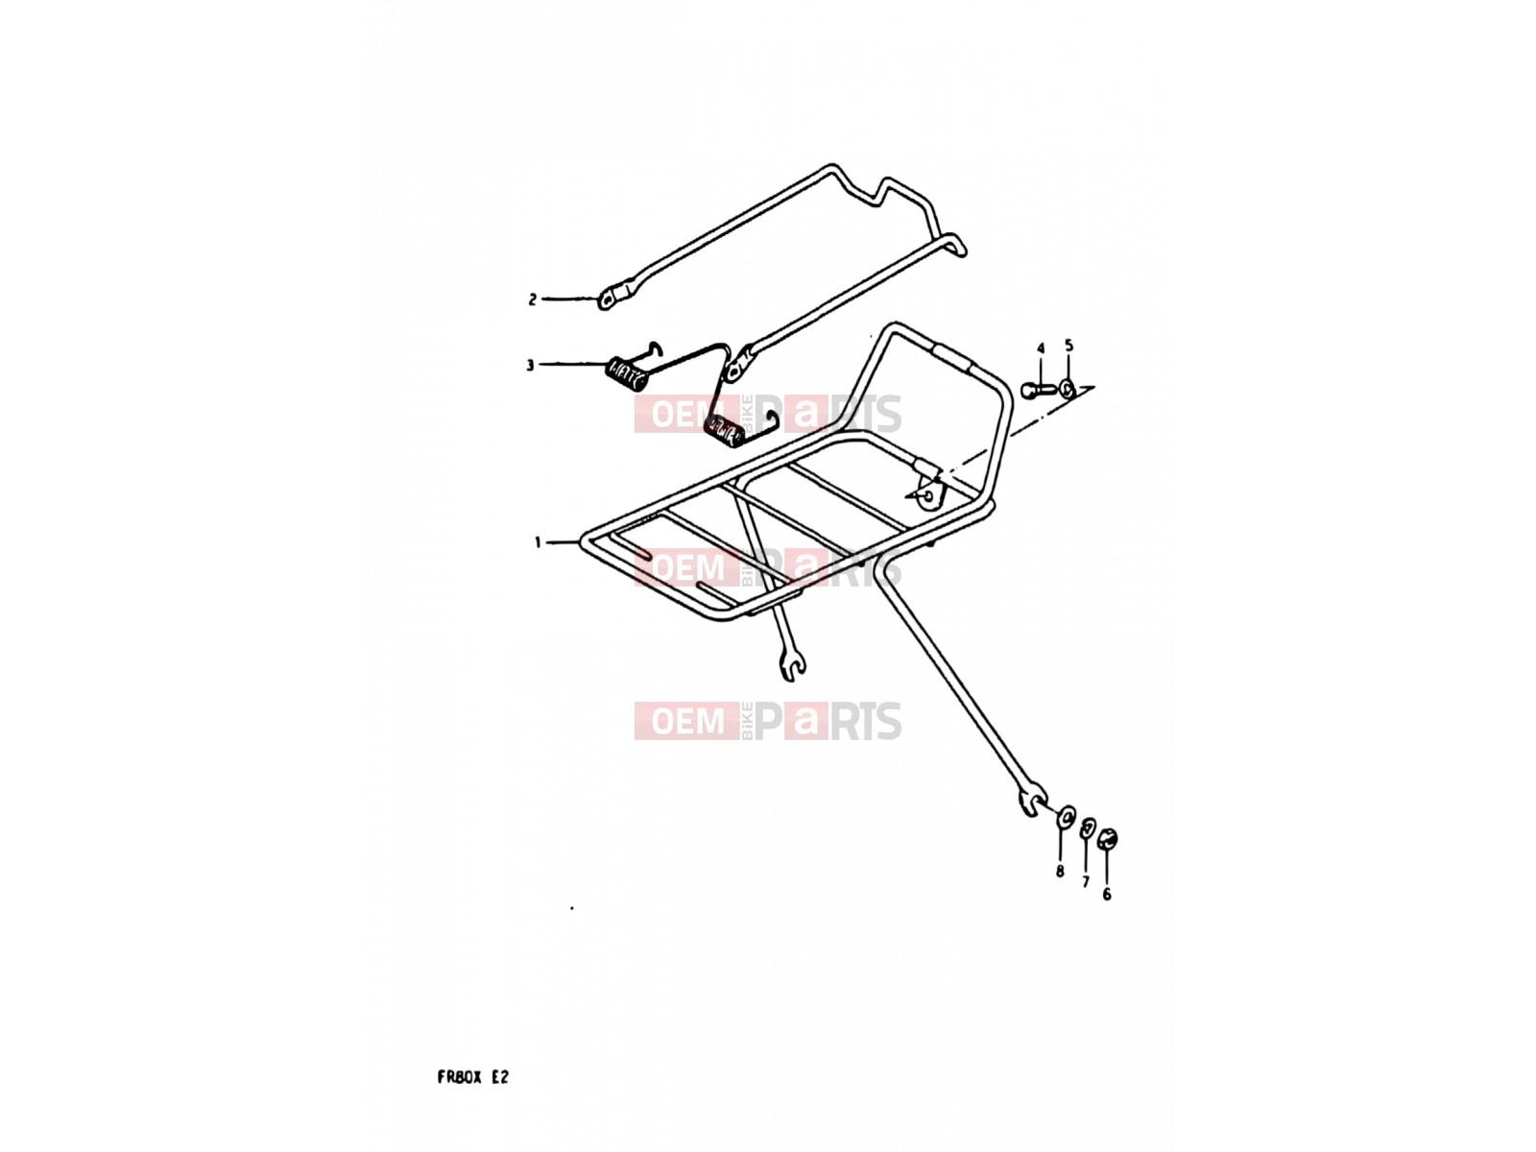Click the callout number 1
[538, 542]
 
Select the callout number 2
[533, 300]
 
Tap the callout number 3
[530, 365]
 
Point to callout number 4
[1041, 348]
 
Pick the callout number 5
[1068, 346]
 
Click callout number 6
[1106, 895]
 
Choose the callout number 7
[1086, 882]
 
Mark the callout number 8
[1060, 872]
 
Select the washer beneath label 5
[1068, 387]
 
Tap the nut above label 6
[1107, 837]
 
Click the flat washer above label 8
[1066, 816]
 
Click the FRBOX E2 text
[473, 1077]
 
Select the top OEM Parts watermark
[768, 414]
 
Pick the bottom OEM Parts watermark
[768, 721]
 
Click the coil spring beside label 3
[626, 375]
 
